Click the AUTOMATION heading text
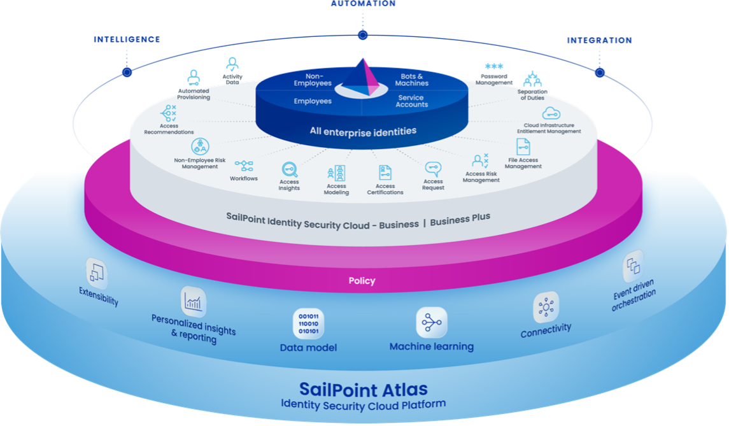363,4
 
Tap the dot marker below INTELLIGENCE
127,72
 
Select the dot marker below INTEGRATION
599,73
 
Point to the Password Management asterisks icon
494,67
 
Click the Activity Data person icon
232,64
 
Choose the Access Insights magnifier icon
290,169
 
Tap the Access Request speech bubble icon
434,169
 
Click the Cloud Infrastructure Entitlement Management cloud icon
551,114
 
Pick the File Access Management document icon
523,147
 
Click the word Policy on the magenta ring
362,280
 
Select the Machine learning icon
432,323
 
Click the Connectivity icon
546,308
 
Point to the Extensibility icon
97,274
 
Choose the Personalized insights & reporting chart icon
193,302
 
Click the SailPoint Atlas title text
364,388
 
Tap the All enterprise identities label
363,131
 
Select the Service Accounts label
411,101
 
